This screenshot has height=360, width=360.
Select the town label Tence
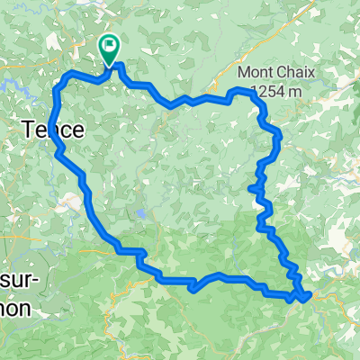[52, 130]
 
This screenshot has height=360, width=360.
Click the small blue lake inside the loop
[141, 215]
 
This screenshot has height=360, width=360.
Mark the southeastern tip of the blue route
[309, 294]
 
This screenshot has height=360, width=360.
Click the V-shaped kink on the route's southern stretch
[191, 288]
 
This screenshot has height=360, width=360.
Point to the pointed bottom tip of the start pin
[109, 65]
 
